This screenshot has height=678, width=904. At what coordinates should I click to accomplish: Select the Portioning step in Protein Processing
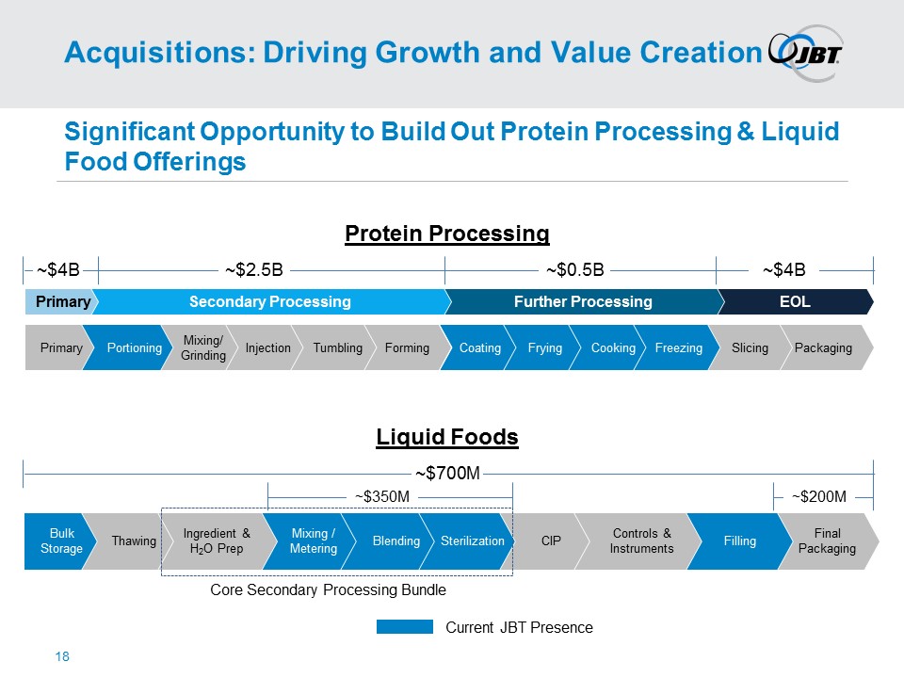click(134, 348)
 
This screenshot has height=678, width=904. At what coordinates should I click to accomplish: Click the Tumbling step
click(337, 348)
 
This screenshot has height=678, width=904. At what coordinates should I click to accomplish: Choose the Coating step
click(479, 348)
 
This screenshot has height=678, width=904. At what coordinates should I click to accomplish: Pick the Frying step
click(544, 348)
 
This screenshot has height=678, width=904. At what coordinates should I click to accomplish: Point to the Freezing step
click(678, 348)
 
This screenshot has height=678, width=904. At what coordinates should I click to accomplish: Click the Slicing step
click(750, 348)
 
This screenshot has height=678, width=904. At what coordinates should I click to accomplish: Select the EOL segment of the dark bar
click(795, 301)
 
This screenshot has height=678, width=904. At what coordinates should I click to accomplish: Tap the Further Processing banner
click(582, 301)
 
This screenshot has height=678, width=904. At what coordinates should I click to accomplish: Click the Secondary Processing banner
click(269, 301)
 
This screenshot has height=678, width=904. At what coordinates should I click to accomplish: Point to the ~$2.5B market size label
click(253, 271)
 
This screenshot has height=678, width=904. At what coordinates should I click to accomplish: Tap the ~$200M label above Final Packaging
click(818, 496)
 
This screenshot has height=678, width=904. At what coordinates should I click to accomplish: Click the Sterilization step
click(472, 541)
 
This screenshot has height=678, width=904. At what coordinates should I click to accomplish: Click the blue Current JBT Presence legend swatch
click(404, 627)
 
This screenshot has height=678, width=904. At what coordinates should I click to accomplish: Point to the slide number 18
click(63, 656)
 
